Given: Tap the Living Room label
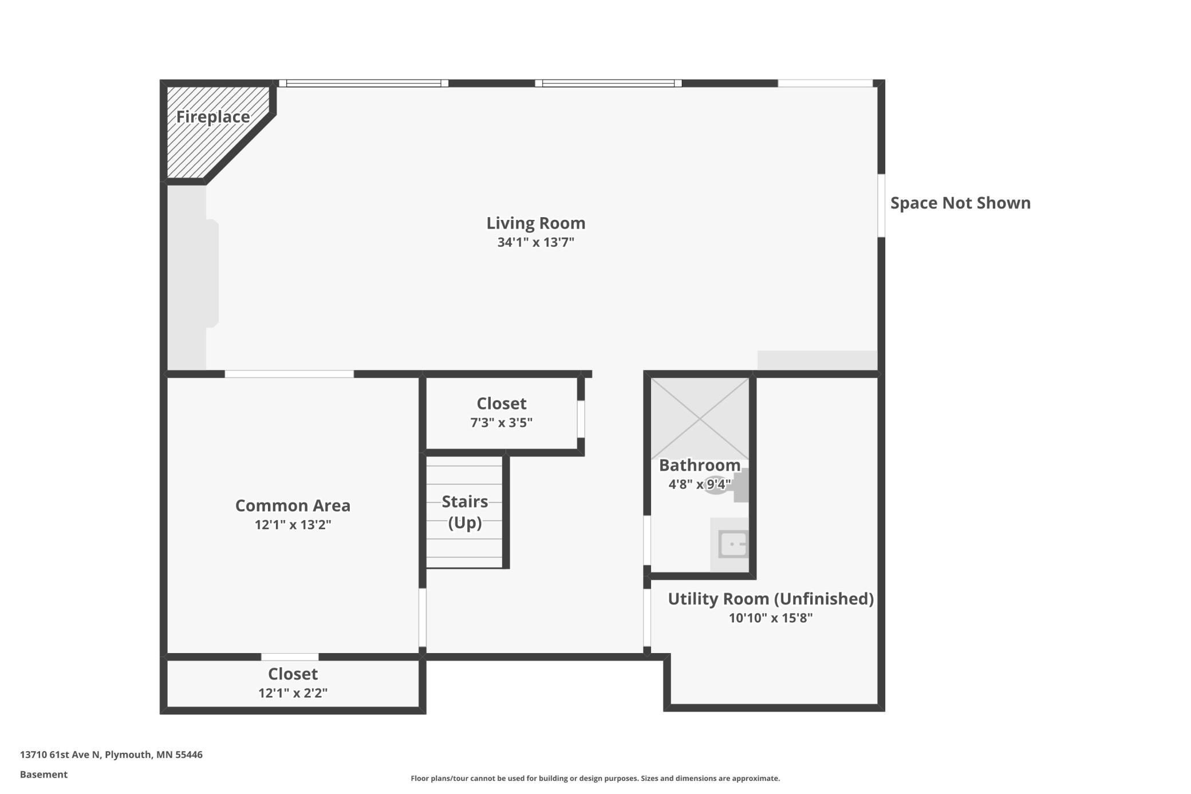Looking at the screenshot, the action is coord(536,223).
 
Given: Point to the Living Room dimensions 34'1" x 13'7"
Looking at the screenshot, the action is coord(536,242).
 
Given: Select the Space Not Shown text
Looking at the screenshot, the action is coord(960,203).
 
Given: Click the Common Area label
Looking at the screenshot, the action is coord(293,505).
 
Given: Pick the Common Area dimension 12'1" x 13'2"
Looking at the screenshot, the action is coord(293,525).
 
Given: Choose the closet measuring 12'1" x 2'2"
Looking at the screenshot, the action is coord(293,683).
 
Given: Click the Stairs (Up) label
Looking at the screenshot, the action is coord(464,512).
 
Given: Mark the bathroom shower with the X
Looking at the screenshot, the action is coord(700,419).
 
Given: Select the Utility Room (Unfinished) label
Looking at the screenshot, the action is coord(771,599).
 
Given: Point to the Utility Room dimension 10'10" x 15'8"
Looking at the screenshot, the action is coord(771,618).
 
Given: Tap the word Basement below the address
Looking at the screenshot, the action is coord(44,775).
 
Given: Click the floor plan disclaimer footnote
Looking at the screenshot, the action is coord(595,778).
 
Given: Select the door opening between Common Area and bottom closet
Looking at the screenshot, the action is coord(290,657).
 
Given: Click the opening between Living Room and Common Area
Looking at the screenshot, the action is coord(289,374).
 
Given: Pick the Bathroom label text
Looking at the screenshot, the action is coord(700,465).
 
